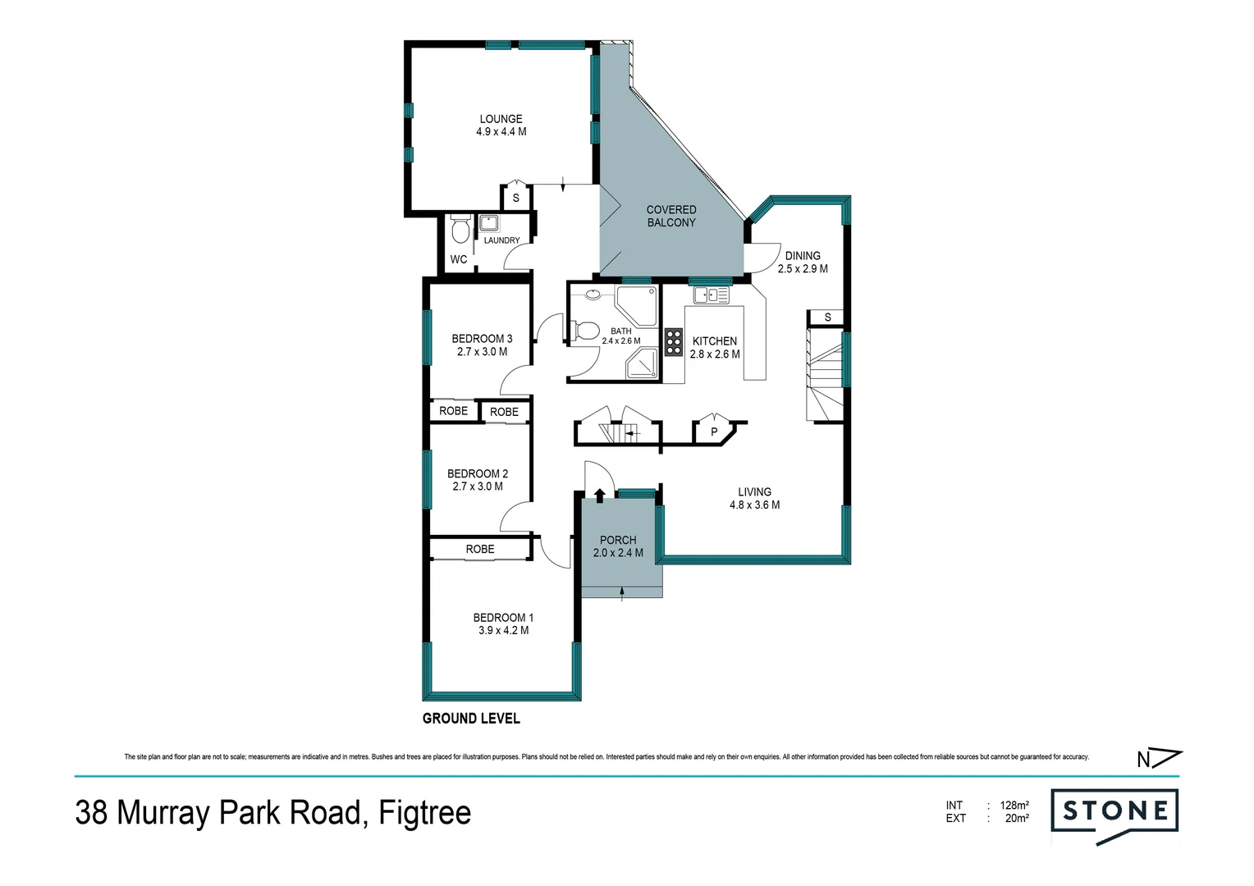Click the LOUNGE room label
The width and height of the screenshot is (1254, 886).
click(501, 119)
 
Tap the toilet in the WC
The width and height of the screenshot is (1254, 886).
click(460, 229)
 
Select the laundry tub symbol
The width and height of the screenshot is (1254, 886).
click(490, 223)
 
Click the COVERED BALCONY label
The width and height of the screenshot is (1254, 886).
click(670, 216)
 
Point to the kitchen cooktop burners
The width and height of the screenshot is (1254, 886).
click(674, 341)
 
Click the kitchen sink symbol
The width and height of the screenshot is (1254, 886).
click(711, 295)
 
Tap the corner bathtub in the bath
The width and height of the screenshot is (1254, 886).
click(638, 305)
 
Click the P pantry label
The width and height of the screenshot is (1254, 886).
click(714, 432)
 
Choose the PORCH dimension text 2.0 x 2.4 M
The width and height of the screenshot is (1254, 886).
click(618, 553)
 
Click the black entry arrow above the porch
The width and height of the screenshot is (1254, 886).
click(599, 494)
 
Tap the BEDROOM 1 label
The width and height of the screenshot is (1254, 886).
click(503, 618)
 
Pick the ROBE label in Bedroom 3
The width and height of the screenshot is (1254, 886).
click(453, 411)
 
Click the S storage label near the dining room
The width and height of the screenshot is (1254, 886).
click(827, 317)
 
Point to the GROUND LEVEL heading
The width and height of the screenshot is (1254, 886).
click(471, 719)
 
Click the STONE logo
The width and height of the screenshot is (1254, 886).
click(1114, 812)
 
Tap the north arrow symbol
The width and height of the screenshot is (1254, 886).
click(1159, 759)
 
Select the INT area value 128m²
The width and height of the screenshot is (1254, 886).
click(1014, 806)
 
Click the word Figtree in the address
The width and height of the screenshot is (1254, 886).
click(424, 813)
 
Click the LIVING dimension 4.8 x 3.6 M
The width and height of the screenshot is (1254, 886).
click(754, 505)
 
